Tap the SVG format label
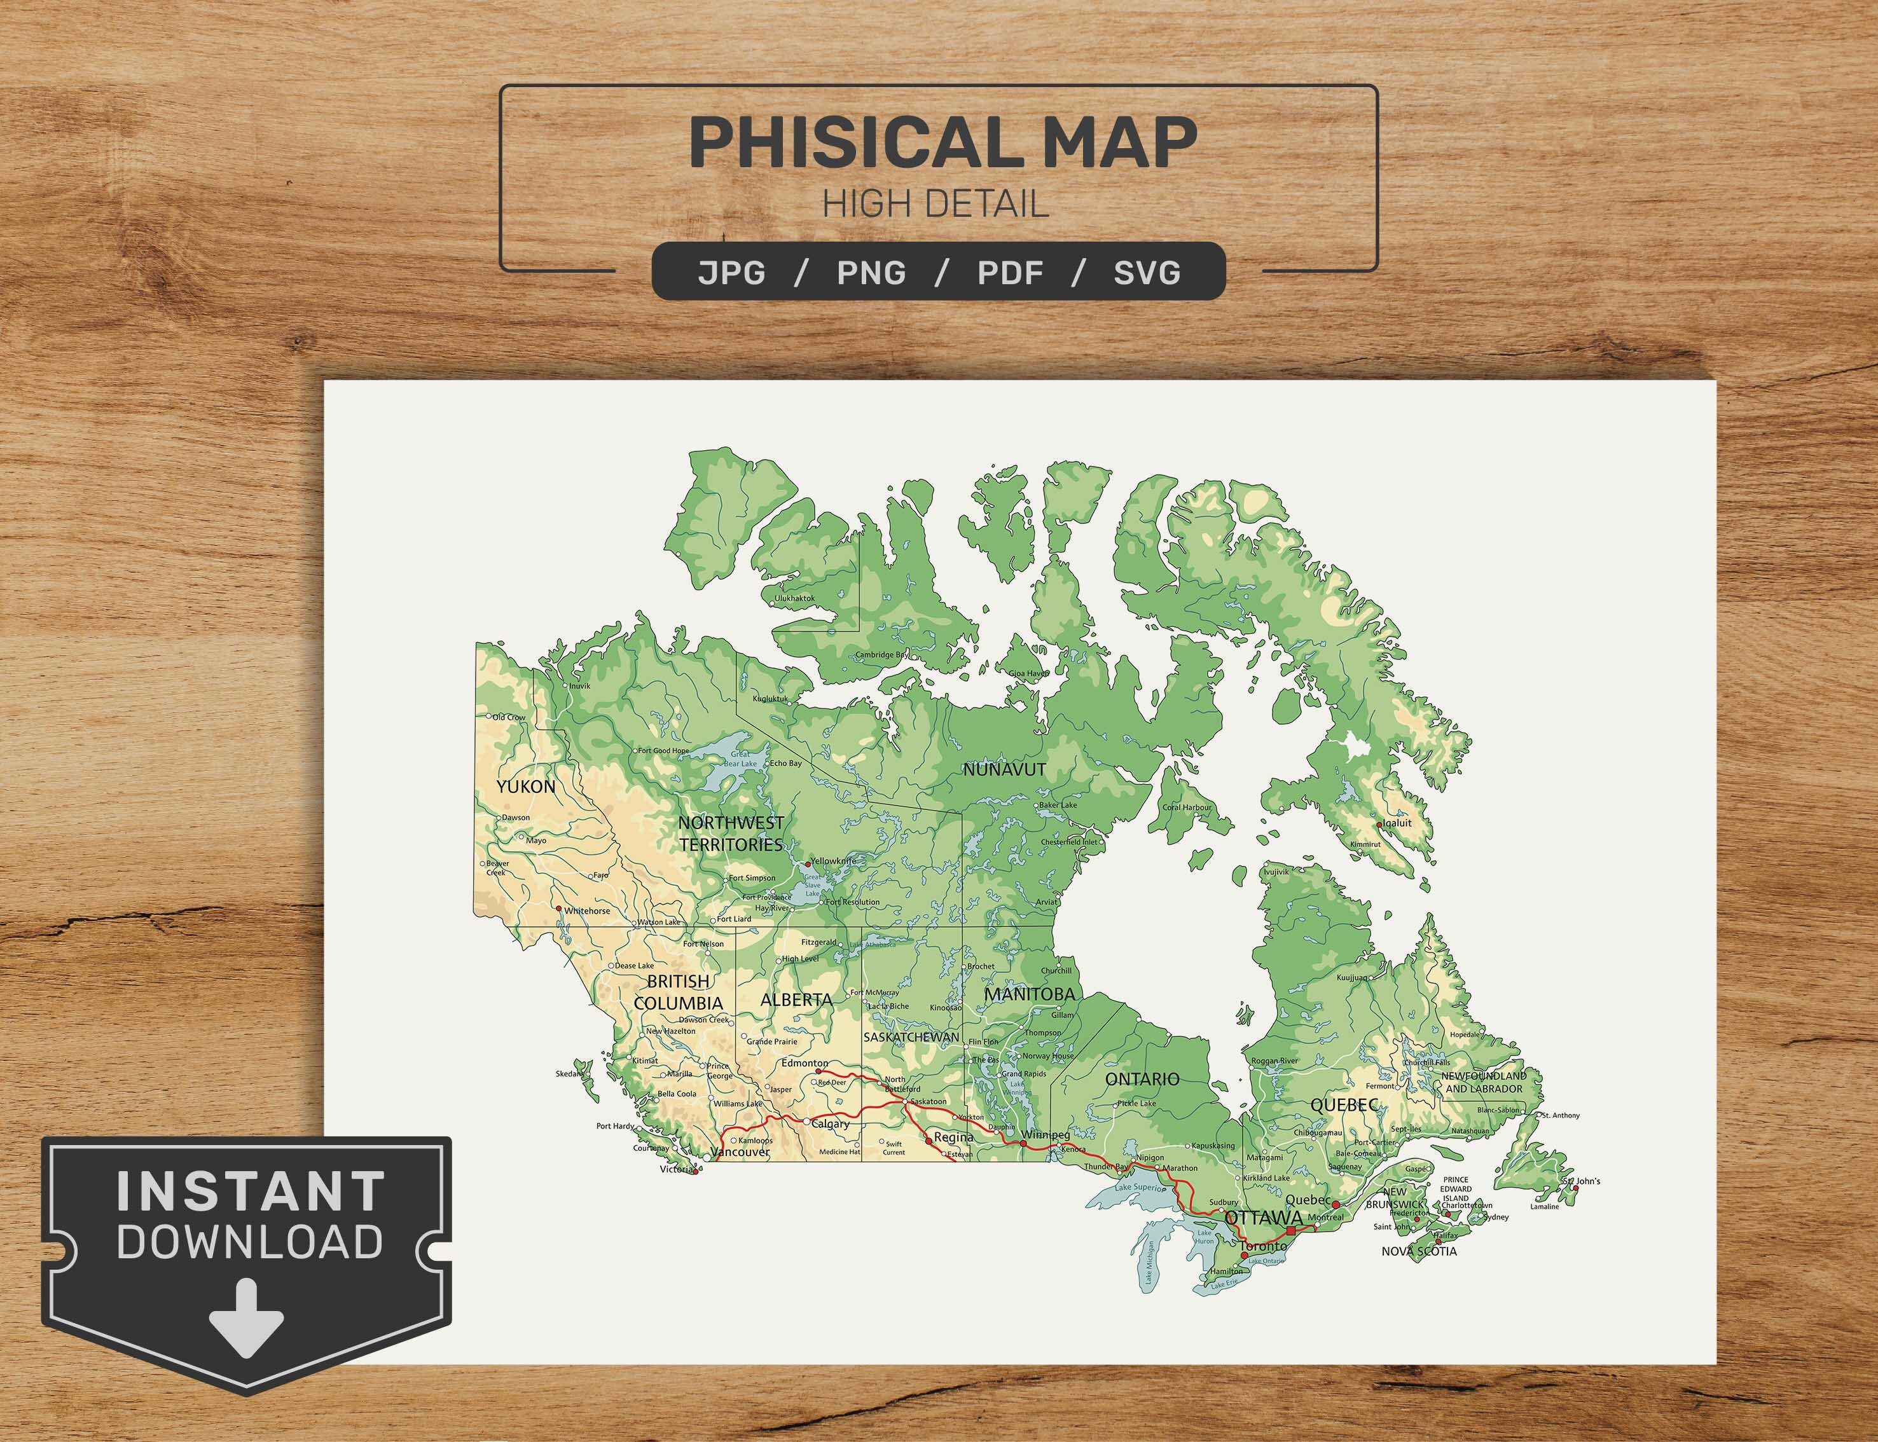pos(1147,272)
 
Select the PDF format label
pos(1011,272)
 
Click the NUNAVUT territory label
pos(1004,770)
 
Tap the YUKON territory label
pos(526,786)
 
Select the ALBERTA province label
pos(796,999)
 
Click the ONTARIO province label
pos(1142,1079)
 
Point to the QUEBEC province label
pos(1344,1106)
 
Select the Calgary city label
pos(830,1124)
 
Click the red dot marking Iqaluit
pos(1379,824)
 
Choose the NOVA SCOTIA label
pos(1419,1251)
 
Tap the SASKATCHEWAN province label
pos(911,1037)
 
